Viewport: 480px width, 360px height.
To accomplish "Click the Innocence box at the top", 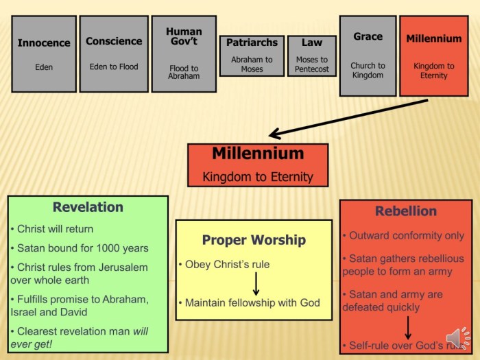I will point(44,54).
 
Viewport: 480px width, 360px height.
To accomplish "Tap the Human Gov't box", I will point(184,54).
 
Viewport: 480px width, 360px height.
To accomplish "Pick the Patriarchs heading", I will point(252,43).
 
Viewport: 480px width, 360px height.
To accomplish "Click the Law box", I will point(312,56).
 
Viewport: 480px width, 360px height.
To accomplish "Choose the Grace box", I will point(368,56).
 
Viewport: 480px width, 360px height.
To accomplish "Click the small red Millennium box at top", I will point(434,56).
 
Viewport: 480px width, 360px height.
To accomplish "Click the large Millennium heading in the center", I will point(257,154).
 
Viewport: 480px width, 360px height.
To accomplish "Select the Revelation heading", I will point(88,207).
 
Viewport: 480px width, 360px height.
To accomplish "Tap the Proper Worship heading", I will point(254,240).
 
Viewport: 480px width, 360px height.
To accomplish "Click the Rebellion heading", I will point(406,211).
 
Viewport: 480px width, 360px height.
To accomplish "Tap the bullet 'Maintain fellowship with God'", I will point(252,302).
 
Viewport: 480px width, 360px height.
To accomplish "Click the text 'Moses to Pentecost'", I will point(312,64).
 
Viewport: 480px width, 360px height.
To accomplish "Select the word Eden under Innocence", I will point(44,67).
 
